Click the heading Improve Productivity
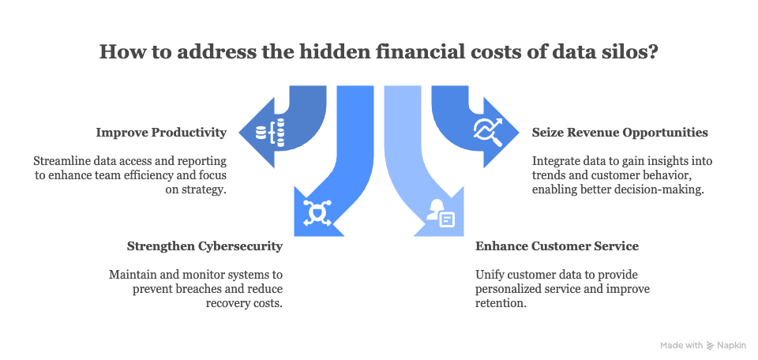pos(161,132)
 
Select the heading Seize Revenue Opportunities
pos(620,132)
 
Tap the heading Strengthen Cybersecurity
pos(205,246)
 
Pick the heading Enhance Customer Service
pos(557,246)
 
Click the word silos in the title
pos(617,54)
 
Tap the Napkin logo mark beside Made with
pos(710,345)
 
